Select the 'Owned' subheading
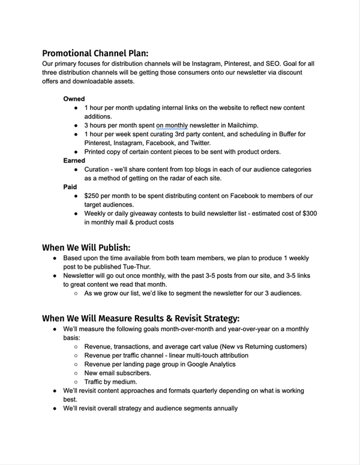click(74, 98)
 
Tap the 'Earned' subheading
click(75, 160)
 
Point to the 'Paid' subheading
click(70, 187)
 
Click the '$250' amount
click(94, 196)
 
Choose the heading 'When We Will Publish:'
click(85, 247)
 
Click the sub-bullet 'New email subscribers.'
click(118, 373)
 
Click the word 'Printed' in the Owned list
click(97, 152)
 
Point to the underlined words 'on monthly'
click(172, 125)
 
